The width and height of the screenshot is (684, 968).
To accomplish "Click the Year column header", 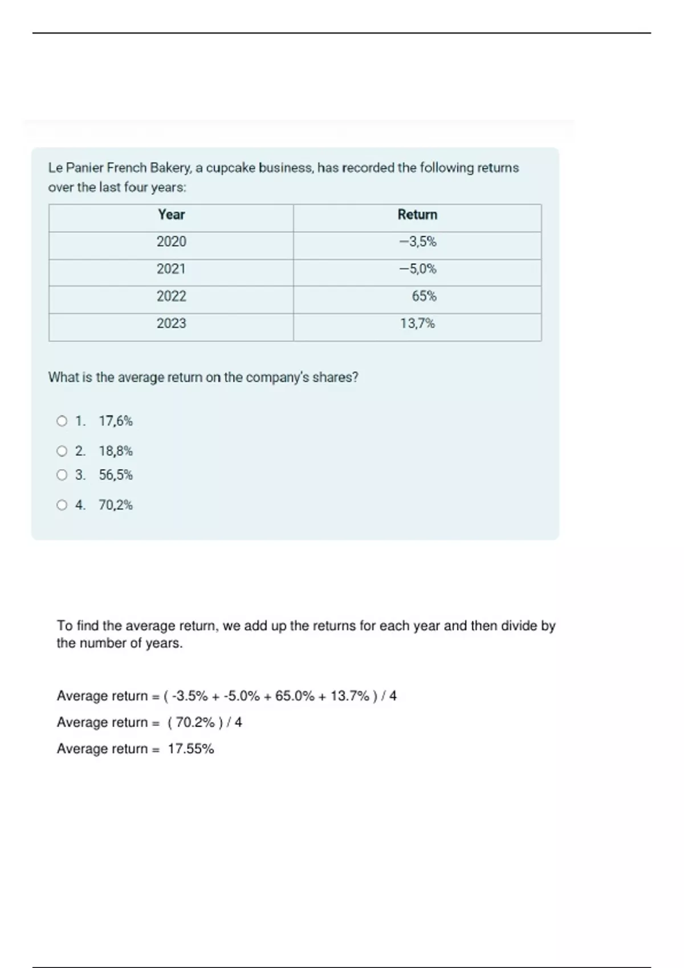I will coord(171,215).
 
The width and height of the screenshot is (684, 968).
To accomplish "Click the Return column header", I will coord(417,215).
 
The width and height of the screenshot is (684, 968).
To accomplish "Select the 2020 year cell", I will coord(171,242).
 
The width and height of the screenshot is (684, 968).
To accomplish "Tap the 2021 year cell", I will coord(171,269).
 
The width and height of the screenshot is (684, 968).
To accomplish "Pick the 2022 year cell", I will coord(171,296).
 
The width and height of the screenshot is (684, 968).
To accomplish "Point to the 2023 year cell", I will coord(171,323).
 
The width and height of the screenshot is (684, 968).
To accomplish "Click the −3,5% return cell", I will coord(418,242).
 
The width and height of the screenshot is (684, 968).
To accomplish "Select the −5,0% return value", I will coord(418,269).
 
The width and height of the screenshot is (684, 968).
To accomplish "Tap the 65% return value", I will coord(424,296).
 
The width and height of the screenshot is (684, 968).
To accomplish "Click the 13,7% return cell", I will coord(417,323).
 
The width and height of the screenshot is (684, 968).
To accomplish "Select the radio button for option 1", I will coord(62,421).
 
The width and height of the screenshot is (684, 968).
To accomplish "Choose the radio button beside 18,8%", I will coord(62,452).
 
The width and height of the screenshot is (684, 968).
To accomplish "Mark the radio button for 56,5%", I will coord(62,475).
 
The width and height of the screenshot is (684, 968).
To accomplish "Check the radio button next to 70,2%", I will coord(62,505).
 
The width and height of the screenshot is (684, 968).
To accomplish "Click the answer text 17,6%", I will coord(116,421).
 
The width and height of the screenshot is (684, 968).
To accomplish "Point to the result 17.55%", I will coord(191,749).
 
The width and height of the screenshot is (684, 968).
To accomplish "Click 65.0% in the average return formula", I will coord(295,696).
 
